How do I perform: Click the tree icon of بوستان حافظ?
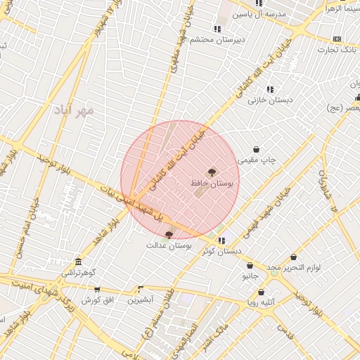(211, 172)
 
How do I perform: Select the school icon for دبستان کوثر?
(222, 240)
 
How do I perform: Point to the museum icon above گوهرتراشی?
(77, 262)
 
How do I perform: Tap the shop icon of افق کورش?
(97, 290)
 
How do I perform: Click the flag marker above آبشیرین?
(141, 289)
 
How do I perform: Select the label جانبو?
(251, 276)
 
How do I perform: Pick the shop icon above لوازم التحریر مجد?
(293, 257)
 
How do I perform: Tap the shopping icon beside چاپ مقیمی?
(255, 150)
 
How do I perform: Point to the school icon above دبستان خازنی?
(269, 89)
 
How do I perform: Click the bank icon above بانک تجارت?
(337, 39)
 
